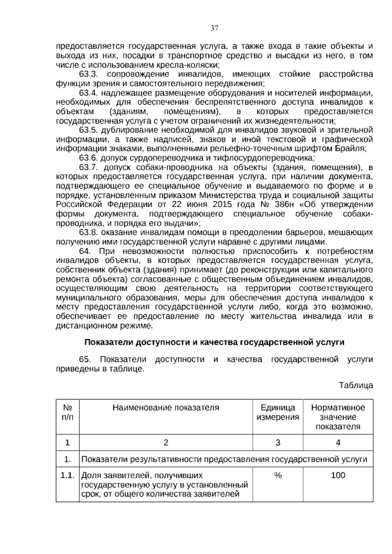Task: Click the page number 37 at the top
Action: (x=214, y=28)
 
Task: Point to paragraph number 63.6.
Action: (x=89, y=158)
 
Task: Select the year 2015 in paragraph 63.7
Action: (x=222, y=205)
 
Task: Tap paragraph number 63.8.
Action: (x=89, y=233)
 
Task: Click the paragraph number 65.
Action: (x=84, y=360)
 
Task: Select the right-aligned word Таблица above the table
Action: (x=356, y=385)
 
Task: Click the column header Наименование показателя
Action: (x=166, y=408)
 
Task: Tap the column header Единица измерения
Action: (x=278, y=412)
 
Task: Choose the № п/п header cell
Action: (x=68, y=412)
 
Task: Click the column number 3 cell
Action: (x=278, y=443)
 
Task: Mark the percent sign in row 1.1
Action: (x=278, y=475)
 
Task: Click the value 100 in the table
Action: (x=338, y=475)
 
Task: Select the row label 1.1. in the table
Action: (x=68, y=475)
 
